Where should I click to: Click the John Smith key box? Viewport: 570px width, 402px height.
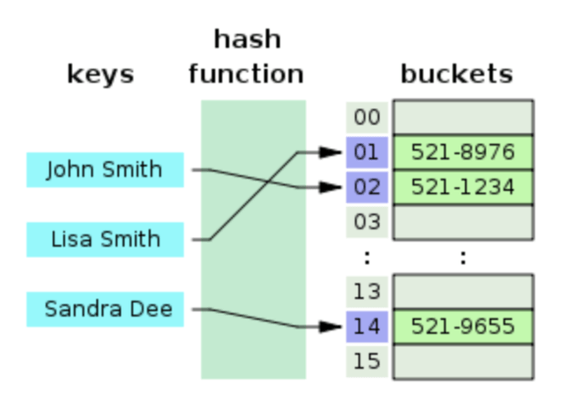pyautogui.click(x=105, y=170)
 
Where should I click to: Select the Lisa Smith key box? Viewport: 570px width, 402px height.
pyautogui.click(x=105, y=240)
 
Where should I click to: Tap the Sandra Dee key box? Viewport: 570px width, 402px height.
pyautogui.click(x=105, y=309)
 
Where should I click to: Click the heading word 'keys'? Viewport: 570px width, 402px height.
pyautogui.click(x=101, y=74)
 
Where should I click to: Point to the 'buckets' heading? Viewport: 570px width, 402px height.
pyautogui.click(x=456, y=74)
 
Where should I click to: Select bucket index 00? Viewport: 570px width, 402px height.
pyautogui.click(x=366, y=117)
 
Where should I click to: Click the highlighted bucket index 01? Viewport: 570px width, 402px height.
pyautogui.click(x=366, y=152)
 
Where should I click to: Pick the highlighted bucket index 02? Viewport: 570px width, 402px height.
pyautogui.click(x=366, y=187)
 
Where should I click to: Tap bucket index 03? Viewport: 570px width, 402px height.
pyautogui.click(x=366, y=222)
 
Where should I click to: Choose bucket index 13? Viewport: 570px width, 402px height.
pyautogui.click(x=366, y=291)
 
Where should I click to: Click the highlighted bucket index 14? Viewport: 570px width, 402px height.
pyautogui.click(x=366, y=326)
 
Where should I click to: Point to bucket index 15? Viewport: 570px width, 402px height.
pyautogui.click(x=366, y=361)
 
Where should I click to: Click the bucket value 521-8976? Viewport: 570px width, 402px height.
pyautogui.click(x=463, y=152)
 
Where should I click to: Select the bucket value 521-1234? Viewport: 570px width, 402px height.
pyautogui.click(x=463, y=187)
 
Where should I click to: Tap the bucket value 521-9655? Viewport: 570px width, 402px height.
pyautogui.click(x=463, y=326)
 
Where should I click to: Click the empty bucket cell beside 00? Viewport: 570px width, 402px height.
pyautogui.click(x=463, y=117)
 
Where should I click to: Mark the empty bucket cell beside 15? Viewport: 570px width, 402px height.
pyautogui.click(x=463, y=361)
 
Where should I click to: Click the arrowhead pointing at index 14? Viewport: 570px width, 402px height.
pyautogui.click(x=332, y=326)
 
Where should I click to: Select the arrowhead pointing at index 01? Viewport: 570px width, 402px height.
pyautogui.click(x=332, y=152)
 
